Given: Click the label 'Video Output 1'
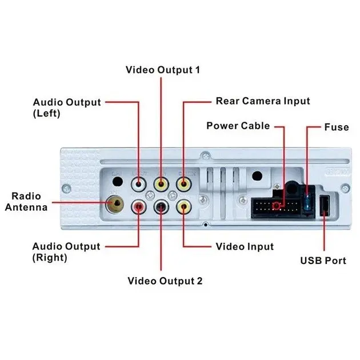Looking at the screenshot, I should pyautogui.click(x=163, y=70).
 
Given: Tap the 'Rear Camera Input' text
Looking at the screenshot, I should pyautogui.click(x=262, y=101).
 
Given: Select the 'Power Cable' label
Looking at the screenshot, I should pyautogui.click(x=238, y=126).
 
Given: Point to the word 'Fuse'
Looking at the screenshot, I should pyautogui.click(x=336, y=127).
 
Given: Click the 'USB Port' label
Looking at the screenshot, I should pyautogui.click(x=323, y=261).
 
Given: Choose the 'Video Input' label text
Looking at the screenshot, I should pyautogui.click(x=245, y=247).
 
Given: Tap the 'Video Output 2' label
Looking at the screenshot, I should pyautogui.click(x=165, y=281).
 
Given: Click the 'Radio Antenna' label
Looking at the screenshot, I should pyautogui.click(x=26, y=202).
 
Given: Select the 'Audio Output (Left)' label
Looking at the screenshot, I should pyautogui.click(x=66, y=107).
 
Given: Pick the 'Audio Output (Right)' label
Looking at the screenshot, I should pyautogui.click(x=66, y=252).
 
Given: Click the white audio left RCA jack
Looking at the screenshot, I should pyautogui.click(x=139, y=185).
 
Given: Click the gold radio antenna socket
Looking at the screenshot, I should pyautogui.click(x=116, y=203).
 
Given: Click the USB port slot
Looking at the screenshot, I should pyautogui.click(x=323, y=206).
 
